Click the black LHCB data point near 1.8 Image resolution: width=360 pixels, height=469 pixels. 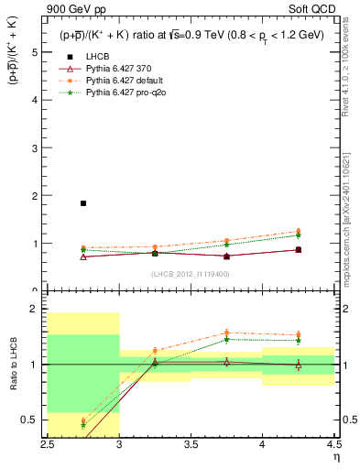(83, 203)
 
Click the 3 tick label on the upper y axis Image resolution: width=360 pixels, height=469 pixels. (36, 148)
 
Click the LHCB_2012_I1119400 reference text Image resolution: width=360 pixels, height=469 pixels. (191, 274)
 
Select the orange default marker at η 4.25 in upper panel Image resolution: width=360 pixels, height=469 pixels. (298, 232)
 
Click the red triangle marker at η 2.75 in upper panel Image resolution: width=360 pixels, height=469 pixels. (83, 256)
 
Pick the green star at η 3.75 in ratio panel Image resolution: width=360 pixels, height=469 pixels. (226, 339)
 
